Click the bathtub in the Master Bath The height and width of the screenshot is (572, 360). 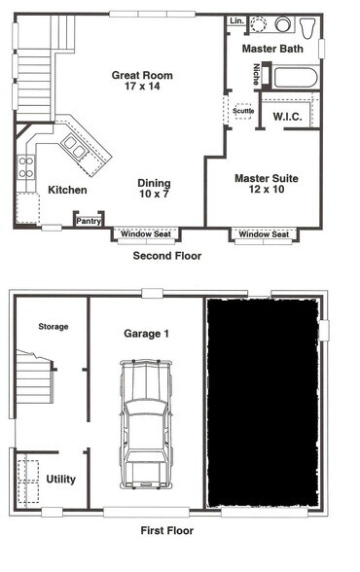point(289,76)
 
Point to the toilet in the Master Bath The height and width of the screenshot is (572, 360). point(307,25)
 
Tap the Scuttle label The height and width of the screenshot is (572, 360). point(242,111)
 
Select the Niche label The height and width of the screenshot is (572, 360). point(256,74)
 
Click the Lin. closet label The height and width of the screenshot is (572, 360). point(235,20)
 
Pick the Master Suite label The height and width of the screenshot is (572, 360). point(266,178)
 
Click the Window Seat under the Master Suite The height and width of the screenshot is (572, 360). point(264,234)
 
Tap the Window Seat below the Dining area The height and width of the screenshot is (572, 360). point(146,234)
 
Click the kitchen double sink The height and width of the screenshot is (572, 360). point(74,147)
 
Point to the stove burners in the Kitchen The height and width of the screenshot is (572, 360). point(25,166)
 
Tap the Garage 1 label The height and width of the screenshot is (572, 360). point(146,334)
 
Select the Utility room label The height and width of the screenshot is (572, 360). point(60,479)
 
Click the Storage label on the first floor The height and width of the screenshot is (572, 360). point(53,327)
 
